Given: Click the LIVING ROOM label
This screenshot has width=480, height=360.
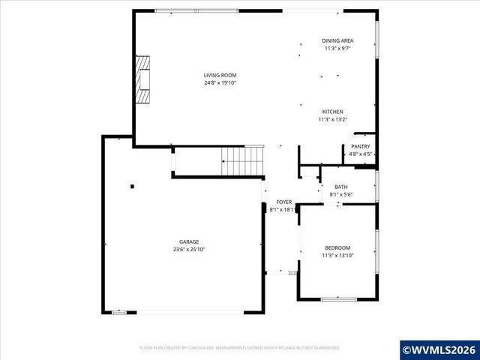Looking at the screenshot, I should tap(220, 75).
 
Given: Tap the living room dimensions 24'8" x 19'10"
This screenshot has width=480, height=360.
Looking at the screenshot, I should tap(220, 82).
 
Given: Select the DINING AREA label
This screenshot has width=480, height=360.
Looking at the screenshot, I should tap(337, 40).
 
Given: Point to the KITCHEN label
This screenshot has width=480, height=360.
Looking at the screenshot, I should tap(333, 112).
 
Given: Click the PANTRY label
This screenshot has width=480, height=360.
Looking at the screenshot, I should tap(360, 146).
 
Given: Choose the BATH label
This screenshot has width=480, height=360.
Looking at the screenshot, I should tap(340, 187).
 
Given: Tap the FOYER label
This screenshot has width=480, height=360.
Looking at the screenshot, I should tap(283, 202).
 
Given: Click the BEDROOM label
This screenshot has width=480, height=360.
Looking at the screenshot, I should tap(337, 248).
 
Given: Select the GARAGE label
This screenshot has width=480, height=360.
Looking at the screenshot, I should tap(188, 241).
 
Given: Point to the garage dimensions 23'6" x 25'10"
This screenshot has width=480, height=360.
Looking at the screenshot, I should tap(188, 249).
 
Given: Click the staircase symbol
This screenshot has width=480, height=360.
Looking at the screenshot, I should tap(244, 160).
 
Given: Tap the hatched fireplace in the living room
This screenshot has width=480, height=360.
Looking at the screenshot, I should tap(142, 77).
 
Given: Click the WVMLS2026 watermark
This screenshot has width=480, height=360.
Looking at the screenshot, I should tap(439, 349).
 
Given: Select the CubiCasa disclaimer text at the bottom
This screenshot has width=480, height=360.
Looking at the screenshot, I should tap(240, 347).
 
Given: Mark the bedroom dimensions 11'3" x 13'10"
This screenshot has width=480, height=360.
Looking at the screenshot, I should tap(337, 256).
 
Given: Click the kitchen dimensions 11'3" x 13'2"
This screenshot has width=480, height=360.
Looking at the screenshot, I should tap(333, 119).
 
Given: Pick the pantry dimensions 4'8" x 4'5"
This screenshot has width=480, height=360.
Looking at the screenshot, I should tap(360, 154).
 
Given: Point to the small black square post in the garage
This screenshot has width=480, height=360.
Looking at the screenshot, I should tap(132, 186).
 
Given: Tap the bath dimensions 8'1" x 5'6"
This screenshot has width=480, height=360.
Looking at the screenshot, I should tap(340, 194).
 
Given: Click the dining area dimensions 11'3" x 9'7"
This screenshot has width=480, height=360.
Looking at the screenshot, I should tap(337, 48).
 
